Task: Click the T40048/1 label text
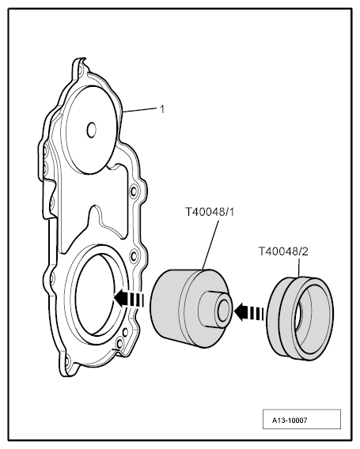click(210, 212)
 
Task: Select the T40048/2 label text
click(283, 251)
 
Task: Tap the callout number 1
click(162, 109)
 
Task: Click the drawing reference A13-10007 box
click(301, 419)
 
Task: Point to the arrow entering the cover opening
click(129, 298)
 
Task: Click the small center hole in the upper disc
click(92, 130)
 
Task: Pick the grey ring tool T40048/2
click(301, 319)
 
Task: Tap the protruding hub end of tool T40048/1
click(224, 311)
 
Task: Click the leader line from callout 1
click(141, 110)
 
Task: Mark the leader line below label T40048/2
click(299, 267)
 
